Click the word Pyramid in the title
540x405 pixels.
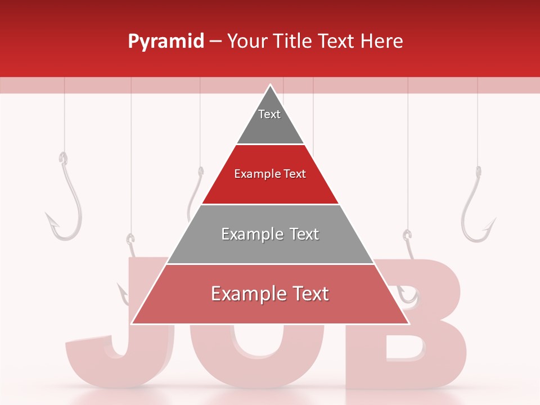pos(165,42)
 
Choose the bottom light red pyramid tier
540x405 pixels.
pos(270,304)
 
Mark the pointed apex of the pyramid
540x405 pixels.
pos(271,85)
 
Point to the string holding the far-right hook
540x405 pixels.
pos(478,124)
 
